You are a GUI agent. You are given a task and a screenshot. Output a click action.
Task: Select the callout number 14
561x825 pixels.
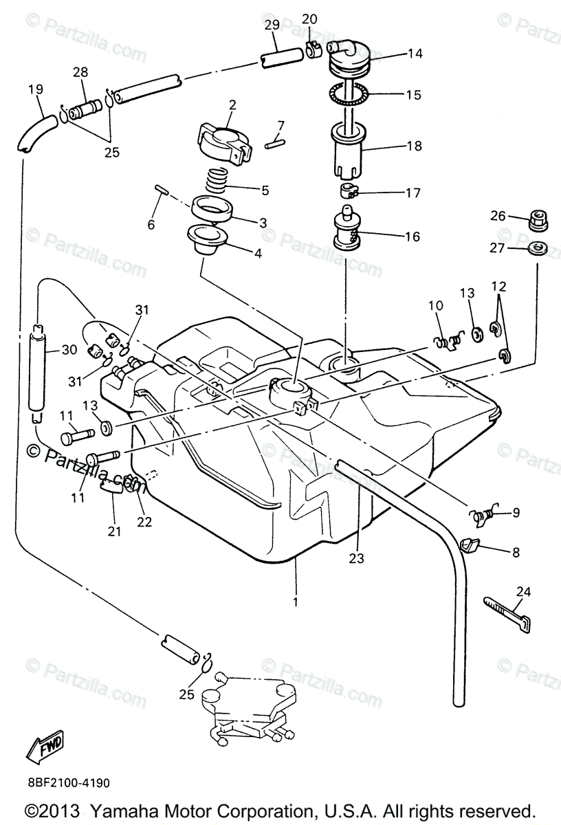pos(415,53)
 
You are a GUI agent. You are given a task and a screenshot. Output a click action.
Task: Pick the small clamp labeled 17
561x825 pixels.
pos(350,192)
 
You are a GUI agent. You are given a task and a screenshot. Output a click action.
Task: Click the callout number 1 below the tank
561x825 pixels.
pos(296,602)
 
